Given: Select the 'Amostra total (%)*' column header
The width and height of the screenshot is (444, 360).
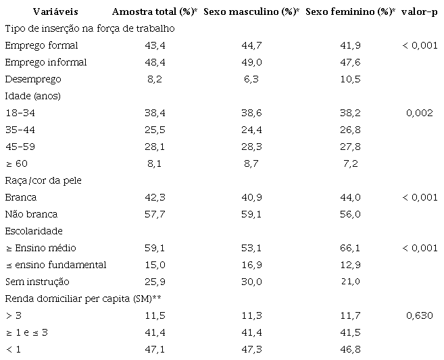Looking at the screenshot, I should pyautogui.click(x=154, y=12).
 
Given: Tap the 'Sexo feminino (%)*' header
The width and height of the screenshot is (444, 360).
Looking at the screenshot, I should pyautogui.click(x=349, y=12).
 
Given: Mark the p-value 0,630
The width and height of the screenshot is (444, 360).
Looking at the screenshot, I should pyautogui.click(x=420, y=315).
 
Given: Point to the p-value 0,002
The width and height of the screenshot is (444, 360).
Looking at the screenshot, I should pyautogui.click(x=420, y=113).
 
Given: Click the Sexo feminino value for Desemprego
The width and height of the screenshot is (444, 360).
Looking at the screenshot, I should pyautogui.click(x=349, y=79).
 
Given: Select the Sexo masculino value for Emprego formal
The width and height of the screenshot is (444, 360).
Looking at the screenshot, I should pyautogui.click(x=251, y=45).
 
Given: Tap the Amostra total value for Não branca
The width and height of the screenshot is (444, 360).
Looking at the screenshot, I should pyautogui.click(x=154, y=214).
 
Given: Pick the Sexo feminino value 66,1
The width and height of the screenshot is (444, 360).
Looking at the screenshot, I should pyautogui.click(x=349, y=248).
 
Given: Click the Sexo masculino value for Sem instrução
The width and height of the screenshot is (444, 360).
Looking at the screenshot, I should pyautogui.click(x=251, y=282).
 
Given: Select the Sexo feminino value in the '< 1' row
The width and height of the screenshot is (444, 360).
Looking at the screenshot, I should pyautogui.click(x=349, y=349).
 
